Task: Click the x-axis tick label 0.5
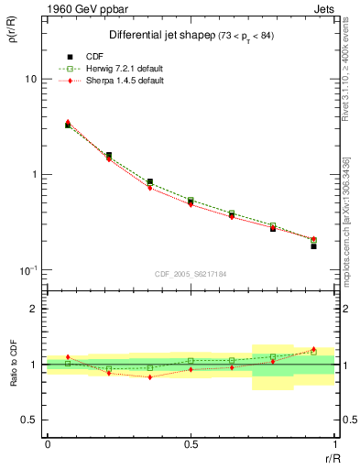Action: pos(190,444)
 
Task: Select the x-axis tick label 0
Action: pos(47,444)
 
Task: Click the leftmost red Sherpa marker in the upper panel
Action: pos(68,122)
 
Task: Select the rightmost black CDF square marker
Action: pos(313,246)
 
